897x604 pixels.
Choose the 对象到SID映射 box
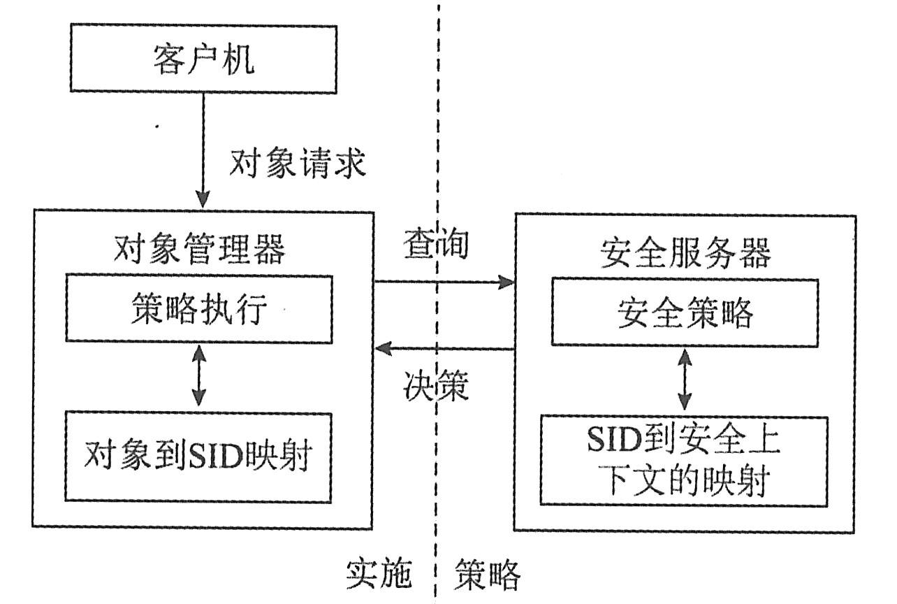coord(199,456)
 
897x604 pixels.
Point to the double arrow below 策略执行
coord(199,377)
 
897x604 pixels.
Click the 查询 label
coord(435,245)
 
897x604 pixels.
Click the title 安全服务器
coord(685,254)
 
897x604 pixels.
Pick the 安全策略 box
coord(685,313)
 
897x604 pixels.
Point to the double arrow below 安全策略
coord(685,381)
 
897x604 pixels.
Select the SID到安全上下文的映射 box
coord(685,461)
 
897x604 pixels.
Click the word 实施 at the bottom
coord(377,575)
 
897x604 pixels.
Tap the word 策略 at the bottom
coord(488,575)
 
